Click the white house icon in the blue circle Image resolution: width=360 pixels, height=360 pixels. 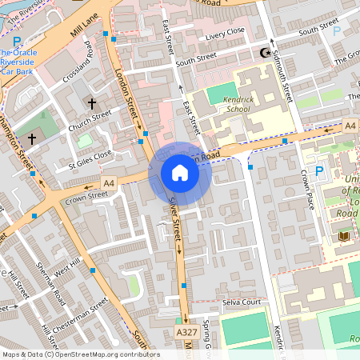pos(180,173)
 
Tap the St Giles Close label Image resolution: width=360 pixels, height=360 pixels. pos(90,157)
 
